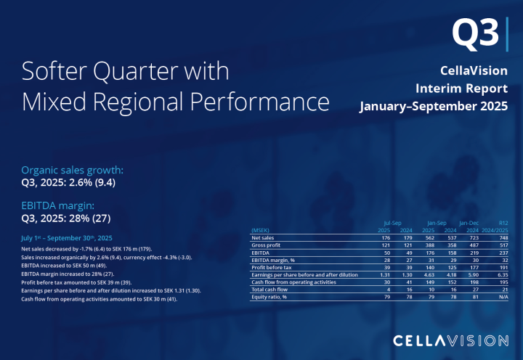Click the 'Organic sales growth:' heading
pyautogui.click(x=73, y=170)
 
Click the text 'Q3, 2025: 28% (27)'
pyautogui.click(x=66, y=218)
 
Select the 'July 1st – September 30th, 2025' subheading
pyautogui.click(x=67, y=238)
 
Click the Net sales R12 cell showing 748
pyautogui.click(x=500, y=237)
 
